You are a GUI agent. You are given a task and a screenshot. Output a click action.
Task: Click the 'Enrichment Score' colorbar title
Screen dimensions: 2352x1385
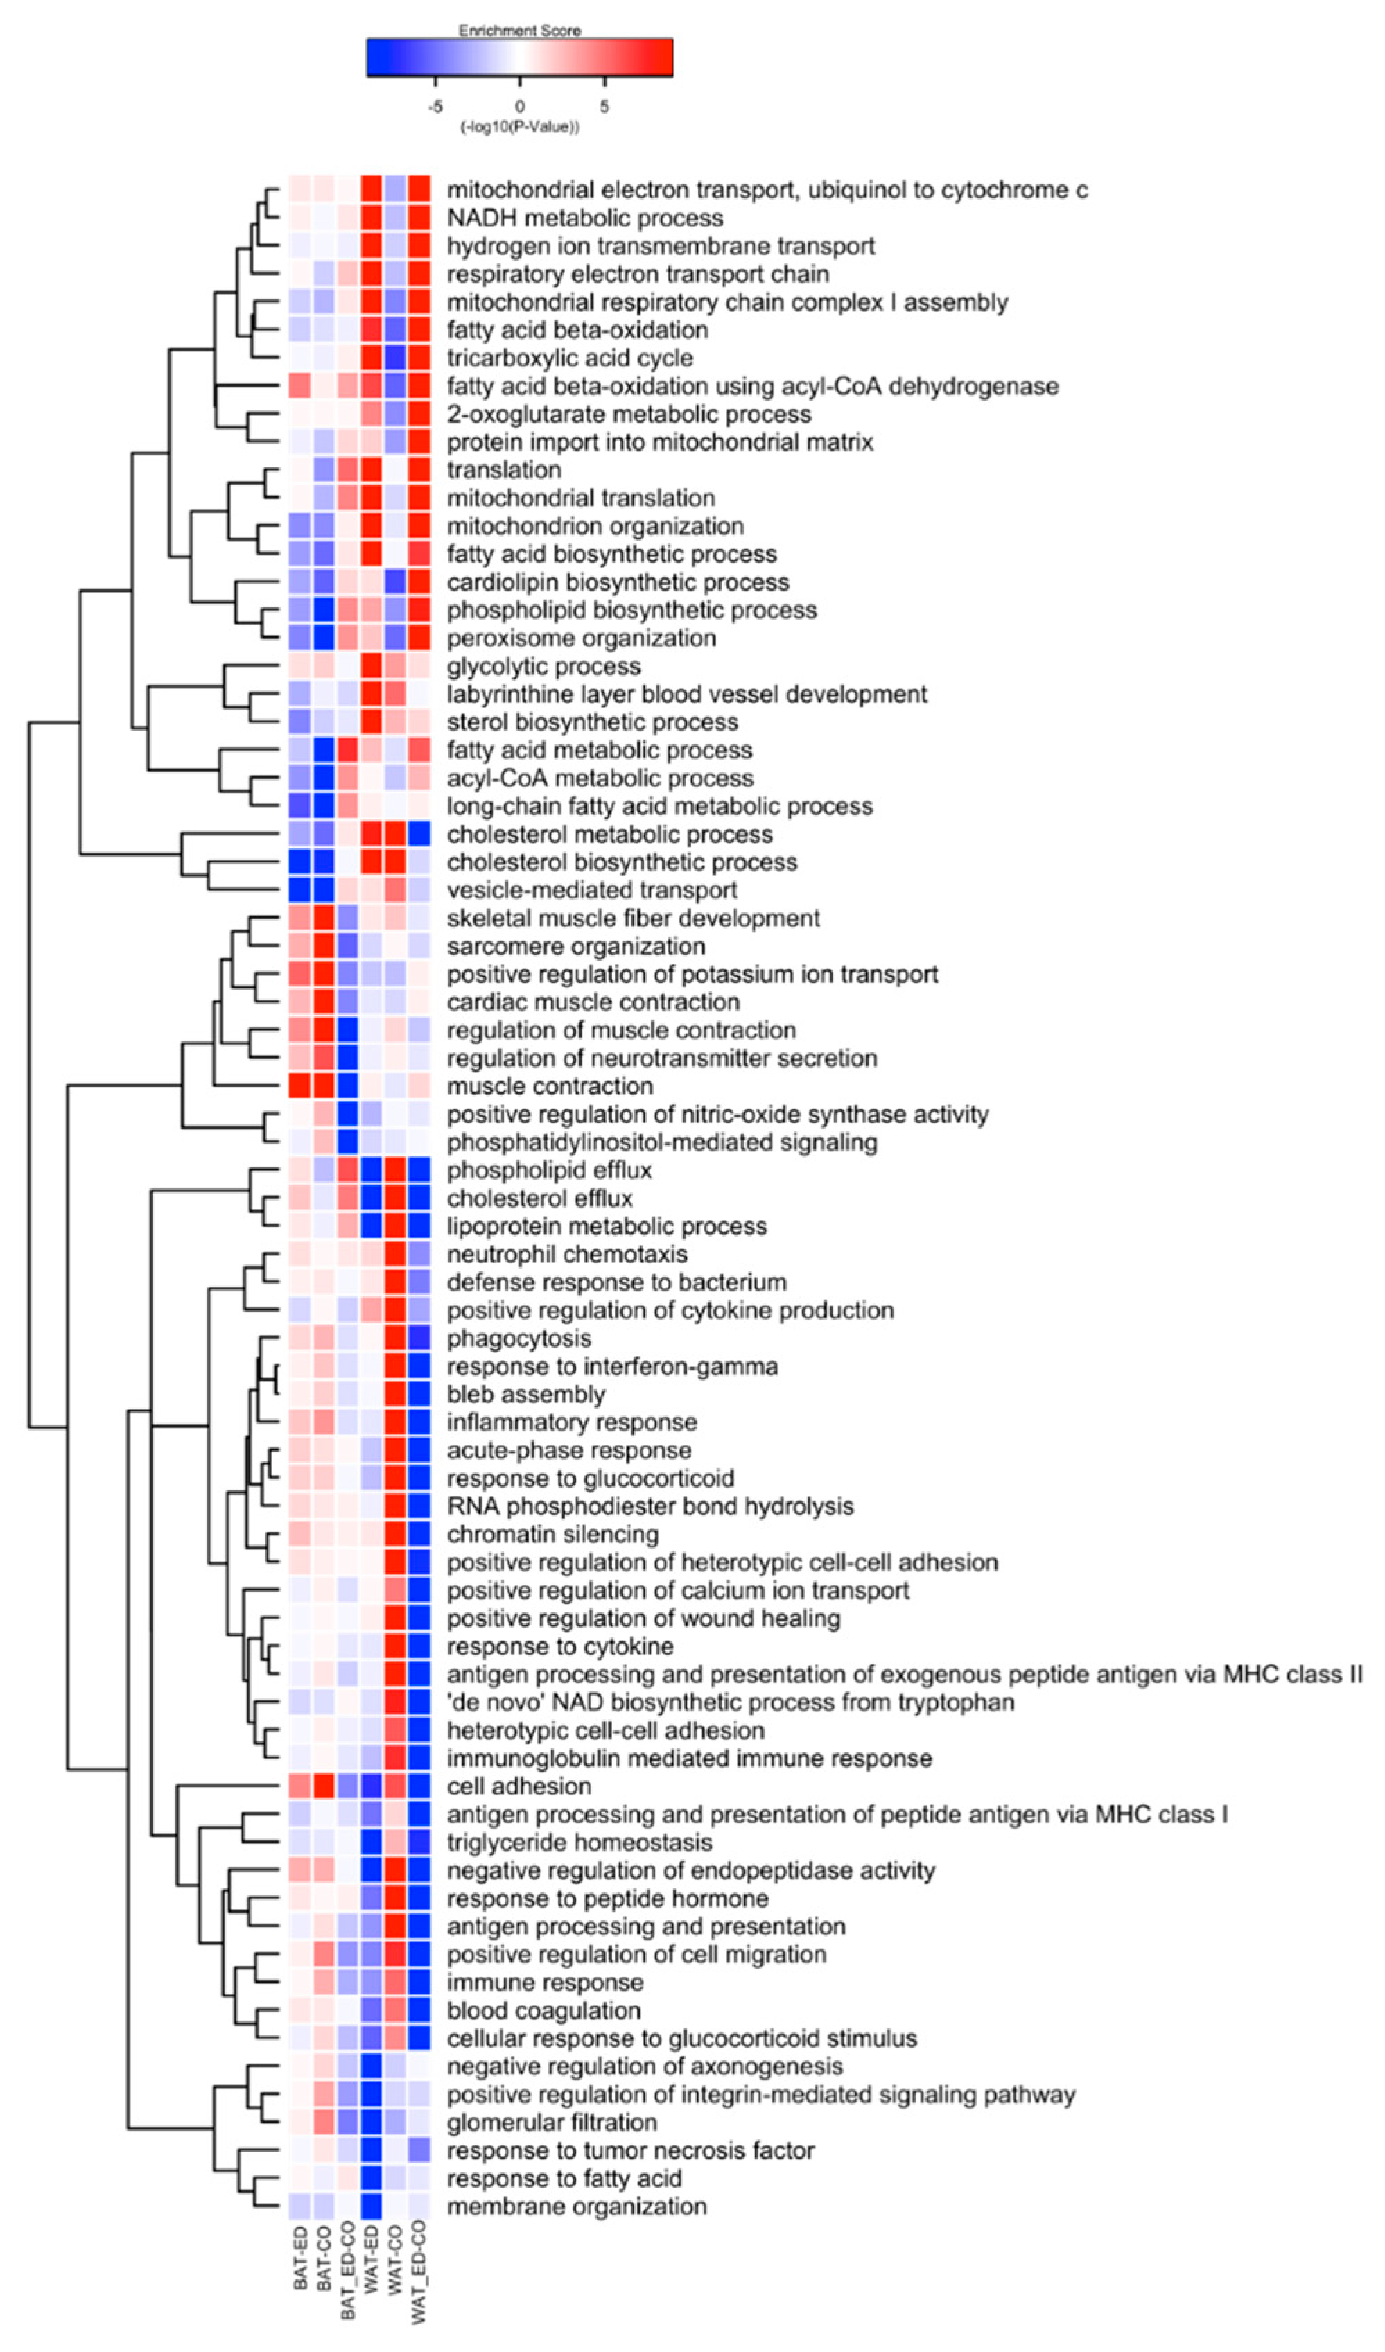coord(519,31)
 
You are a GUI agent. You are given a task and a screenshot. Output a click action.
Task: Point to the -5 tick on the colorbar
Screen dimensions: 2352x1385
coord(435,106)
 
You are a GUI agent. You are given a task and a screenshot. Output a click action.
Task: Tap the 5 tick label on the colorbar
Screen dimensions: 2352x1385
coord(604,106)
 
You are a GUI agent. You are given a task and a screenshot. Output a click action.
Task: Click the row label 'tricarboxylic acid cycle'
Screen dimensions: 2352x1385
coord(569,358)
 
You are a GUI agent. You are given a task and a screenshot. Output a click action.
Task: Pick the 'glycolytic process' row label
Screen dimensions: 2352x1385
coord(543,666)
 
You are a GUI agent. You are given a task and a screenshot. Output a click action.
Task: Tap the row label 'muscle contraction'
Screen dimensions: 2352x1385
coord(550,1086)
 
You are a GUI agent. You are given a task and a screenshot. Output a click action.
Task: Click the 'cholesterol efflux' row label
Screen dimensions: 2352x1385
coord(539,1199)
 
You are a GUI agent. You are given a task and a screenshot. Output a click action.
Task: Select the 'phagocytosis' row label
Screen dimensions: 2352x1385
coord(519,1339)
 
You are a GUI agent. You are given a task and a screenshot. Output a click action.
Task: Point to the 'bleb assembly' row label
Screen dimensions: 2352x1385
coord(525,1395)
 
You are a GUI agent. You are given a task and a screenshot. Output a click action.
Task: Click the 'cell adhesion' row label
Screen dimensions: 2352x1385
coord(519,1786)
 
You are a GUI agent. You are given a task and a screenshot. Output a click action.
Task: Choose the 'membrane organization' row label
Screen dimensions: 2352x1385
coord(577,2206)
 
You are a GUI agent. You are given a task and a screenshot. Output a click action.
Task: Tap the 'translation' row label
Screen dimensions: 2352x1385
coord(504,471)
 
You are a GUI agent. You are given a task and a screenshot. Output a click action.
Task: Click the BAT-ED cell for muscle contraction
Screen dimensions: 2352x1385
coord(299,1086)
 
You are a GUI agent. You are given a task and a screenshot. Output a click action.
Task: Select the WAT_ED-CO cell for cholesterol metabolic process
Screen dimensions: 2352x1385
coord(419,835)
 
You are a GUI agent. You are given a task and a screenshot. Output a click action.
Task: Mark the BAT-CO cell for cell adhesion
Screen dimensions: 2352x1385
coord(324,1786)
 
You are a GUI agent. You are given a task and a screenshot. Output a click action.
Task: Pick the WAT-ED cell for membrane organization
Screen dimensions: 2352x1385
coord(372,2206)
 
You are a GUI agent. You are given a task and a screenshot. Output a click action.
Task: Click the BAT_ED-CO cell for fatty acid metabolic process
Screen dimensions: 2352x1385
coord(347,751)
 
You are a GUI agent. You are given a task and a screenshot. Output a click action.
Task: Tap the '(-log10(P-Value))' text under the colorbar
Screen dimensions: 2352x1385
coord(519,127)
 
